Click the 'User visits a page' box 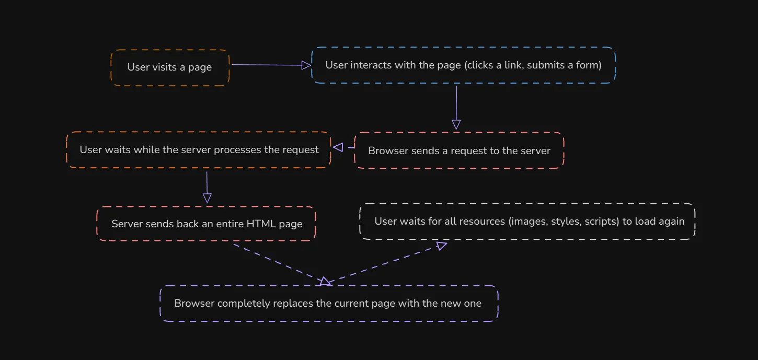[170, 67]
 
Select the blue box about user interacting [463, 65]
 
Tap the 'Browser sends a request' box [459, 150]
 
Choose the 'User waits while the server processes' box [199, 150]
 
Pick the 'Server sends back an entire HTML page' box [206, 224]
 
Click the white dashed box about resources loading [528, 222]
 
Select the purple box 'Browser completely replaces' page [328, 304]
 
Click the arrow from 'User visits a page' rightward [267, 65]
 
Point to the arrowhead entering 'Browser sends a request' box [456, 124]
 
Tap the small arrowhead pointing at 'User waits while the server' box [338, 147]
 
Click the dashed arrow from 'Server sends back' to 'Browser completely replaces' [277, 263]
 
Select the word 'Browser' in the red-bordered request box [386, 151]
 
